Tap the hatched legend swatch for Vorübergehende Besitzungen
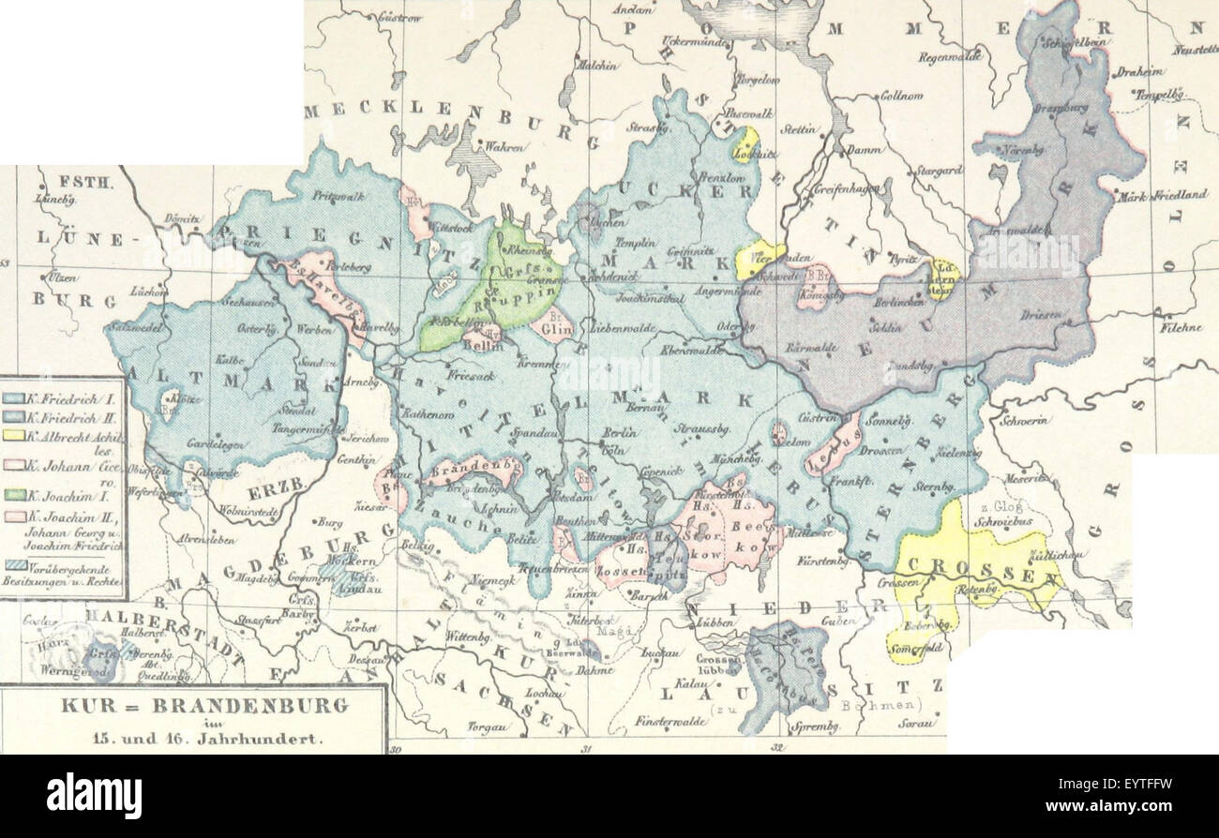point(14,567)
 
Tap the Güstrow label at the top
point(399,17)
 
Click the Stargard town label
point(940,171)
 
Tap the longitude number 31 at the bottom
point(587,747)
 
